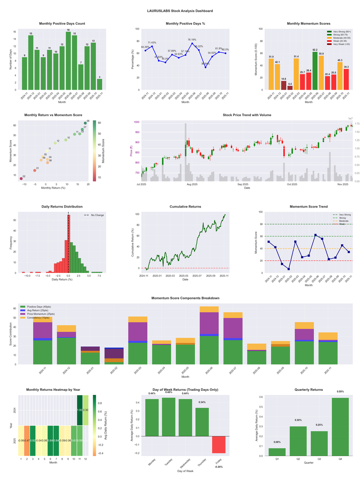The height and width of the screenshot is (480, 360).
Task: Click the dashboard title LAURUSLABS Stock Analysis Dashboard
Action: coord(180,10)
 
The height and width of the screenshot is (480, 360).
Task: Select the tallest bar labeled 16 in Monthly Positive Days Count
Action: coord(68,61)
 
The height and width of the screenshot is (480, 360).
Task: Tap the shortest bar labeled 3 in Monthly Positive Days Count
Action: coord(99,84)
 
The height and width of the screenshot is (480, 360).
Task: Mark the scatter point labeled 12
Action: coord(55,143)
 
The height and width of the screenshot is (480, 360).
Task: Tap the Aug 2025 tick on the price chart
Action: coord(192,184)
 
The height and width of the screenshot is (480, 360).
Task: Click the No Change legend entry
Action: coord(95,215)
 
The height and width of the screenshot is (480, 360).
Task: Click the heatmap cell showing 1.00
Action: coord(79,410)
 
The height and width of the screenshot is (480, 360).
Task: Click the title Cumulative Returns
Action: coord(185,207)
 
